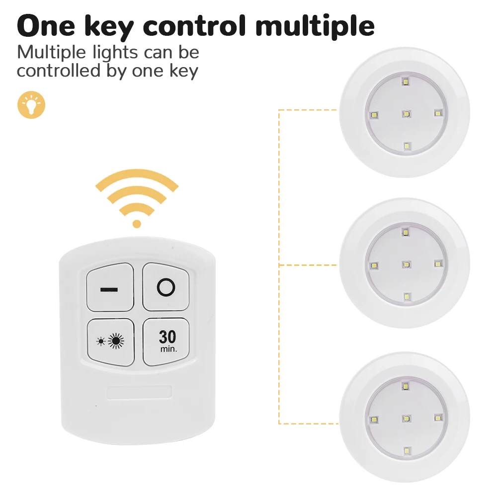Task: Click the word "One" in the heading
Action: coord(46,26)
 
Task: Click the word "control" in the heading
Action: coord(194,25)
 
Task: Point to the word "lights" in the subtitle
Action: coord(115,53)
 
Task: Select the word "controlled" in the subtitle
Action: coord(59,71)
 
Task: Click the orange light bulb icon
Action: coord(31,105)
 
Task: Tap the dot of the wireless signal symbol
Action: coord(137,224)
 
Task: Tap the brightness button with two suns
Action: coord(111,342)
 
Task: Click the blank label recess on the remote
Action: coord(139,392)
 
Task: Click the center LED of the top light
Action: coord(407,114)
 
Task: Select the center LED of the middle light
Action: coord(407,265)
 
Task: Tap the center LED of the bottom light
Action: coord(407,418)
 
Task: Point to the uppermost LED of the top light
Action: coord(406,82)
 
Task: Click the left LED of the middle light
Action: coord(374,265)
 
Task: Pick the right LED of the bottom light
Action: coord(438,418)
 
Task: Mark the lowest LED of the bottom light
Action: coord(407,450)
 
